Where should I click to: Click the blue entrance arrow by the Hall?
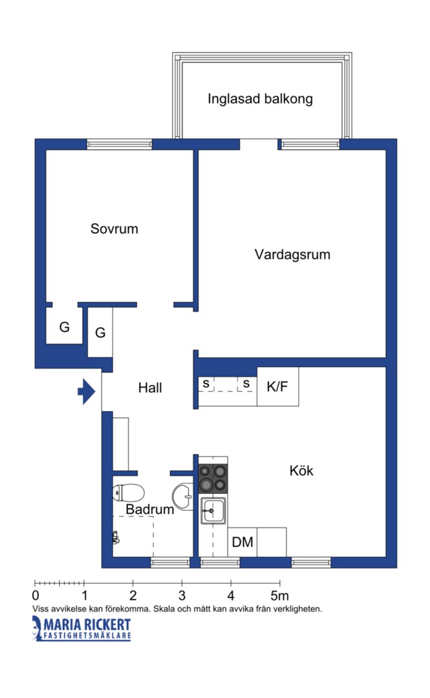[x=87, y=391]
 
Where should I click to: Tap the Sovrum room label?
[x=114, y=229]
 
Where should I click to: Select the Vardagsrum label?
[x=292, y=255]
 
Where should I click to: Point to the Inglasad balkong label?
[x=260, y=99]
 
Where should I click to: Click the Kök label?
[x=301, y=471]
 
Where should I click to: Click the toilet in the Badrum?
[x=128, y=492]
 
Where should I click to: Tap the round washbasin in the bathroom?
[x=182, y=496]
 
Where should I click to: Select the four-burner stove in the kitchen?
[x=213, y=478]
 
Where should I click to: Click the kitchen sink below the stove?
[x=213, y=511]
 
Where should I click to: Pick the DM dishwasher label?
[x=242, y=542]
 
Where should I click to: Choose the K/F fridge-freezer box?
[x=277, y=386]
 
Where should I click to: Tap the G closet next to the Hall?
[x=100, y=332]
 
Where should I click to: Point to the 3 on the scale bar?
[x=182, y=595]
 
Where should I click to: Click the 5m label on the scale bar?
[x=280, y=595]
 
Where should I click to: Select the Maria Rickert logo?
[x=81, y=629]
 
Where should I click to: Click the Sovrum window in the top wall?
[x=120, y=144]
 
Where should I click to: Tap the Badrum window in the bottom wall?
[x=171, y=563]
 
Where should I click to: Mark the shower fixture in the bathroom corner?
[x=116, y=538]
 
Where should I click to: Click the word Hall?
[x=150, y=388]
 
